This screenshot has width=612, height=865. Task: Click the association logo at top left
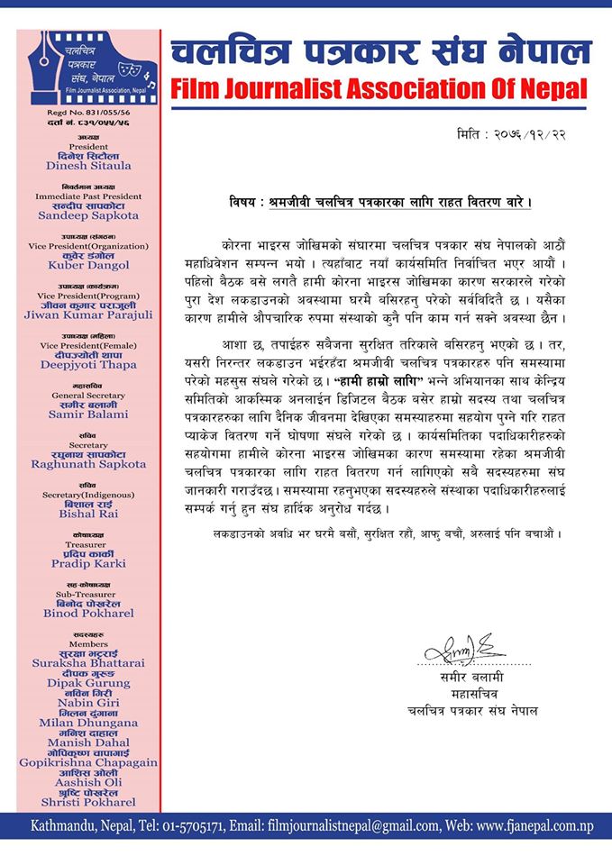coord(87,67)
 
